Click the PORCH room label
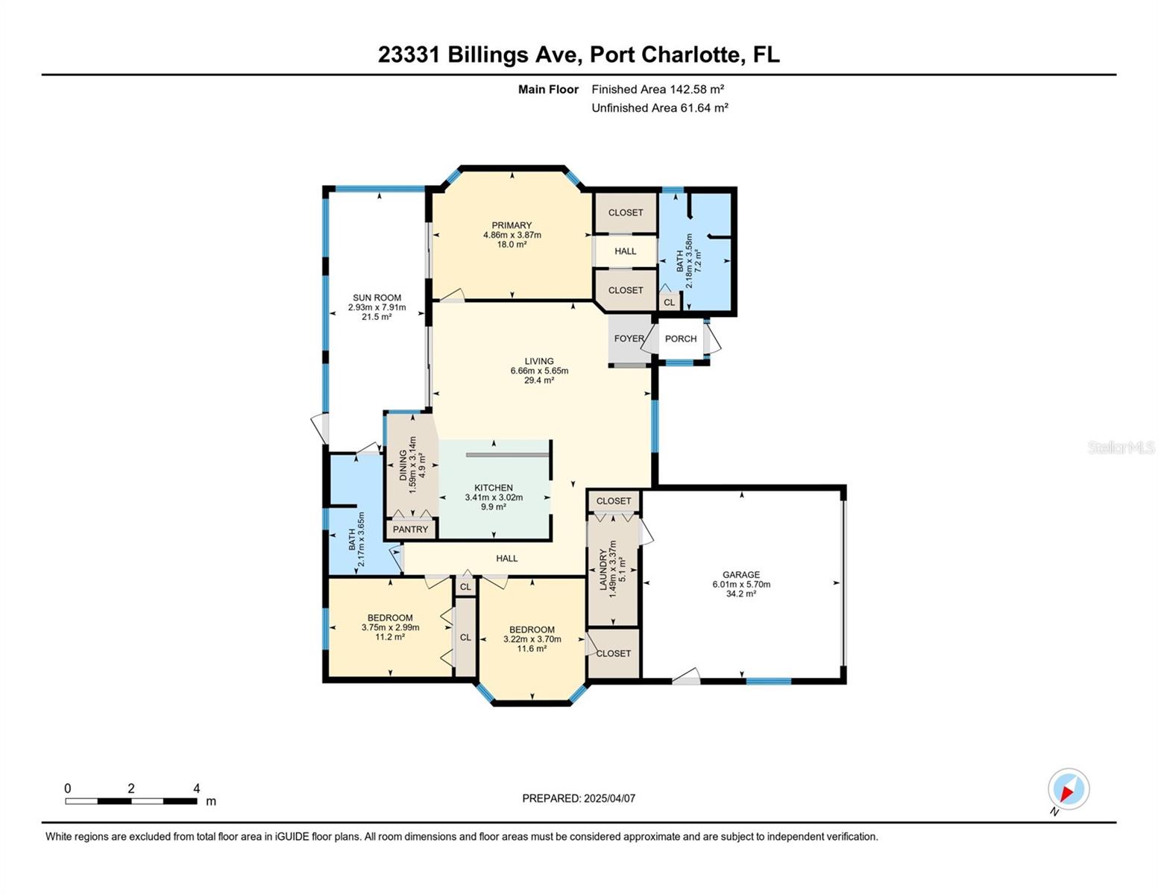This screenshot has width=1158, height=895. pyautogui.click(x=681, y=339)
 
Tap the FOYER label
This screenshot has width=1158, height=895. pyautogui.click(x=629, y=339)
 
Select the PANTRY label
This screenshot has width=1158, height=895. pyautogui.click(x=410, y=530)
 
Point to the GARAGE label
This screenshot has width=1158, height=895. pyautogui.click(x=740, y=574)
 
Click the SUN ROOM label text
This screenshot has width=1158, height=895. pyautogui.click(x=377, y=298)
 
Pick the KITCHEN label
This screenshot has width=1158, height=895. pyautogui.click(x=494, y=488)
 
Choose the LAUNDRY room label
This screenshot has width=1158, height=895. pyautogui.click(x=603, y=570)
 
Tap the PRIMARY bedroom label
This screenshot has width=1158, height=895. pyautogui.click(x=512, y=225)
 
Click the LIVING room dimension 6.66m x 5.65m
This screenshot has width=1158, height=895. pyautogui.click(x=539, y=371)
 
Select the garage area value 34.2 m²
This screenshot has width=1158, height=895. pyautogui.click(x=740, y=594)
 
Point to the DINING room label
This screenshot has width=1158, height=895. pyautogui.click(x=403, y=465)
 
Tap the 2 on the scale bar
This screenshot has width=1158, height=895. pyautogui.click(x=131, y=788)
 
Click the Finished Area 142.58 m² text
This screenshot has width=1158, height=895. pyautogui.click(x=658, y=89)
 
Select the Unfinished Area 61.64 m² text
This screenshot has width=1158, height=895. pyautogui.click(x=660, y=107)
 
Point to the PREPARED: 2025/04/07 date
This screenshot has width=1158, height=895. pyautogui.click(x=579, y=799)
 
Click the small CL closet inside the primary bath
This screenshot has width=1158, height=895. pyautogui.click(x=670, y=302)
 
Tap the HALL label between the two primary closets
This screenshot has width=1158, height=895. pyautogui.click(x=625, y=251)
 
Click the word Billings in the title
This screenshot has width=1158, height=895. pyautogui.click(x=488, y=55)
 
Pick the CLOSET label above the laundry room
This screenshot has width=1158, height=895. pyautogui.click(x=614, y=501)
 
